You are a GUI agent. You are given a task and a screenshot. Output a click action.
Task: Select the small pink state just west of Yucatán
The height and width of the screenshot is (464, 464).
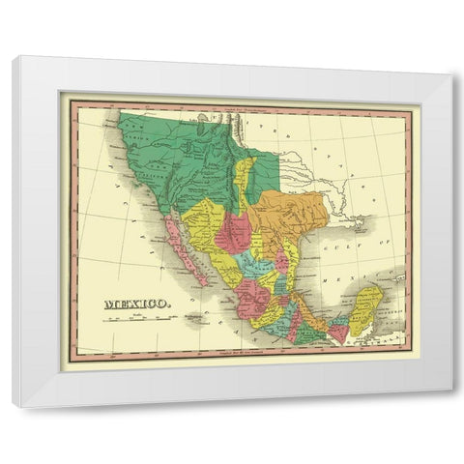tap(338, 333)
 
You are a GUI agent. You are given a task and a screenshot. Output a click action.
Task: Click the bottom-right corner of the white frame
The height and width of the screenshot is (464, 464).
tap(450, 405)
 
